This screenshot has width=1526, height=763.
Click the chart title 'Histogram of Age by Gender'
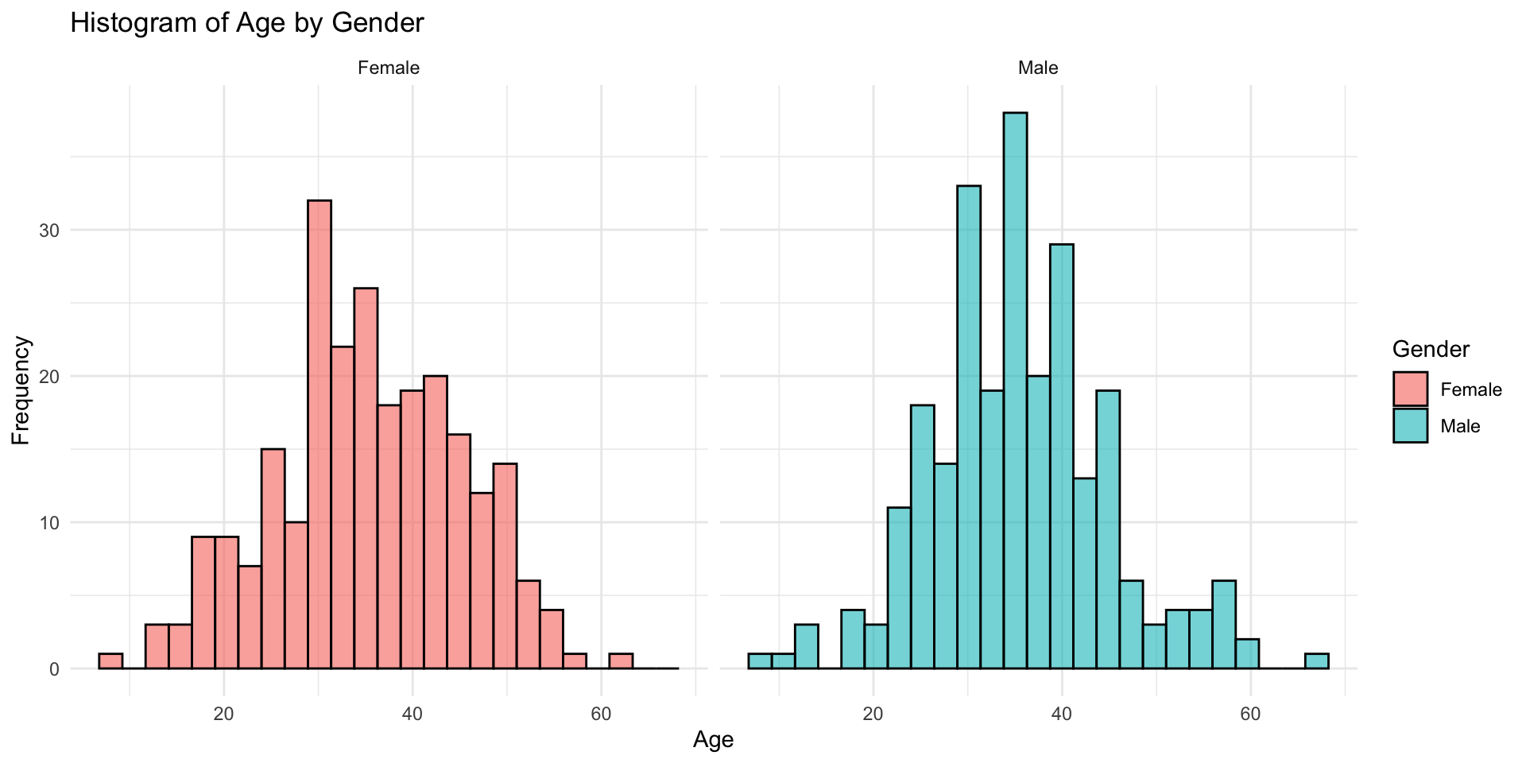point(247,23)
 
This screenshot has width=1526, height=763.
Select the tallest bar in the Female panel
point(320,434)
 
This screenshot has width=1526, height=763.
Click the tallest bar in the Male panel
point(1015,390)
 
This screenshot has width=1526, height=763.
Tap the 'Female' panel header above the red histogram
point(389,68)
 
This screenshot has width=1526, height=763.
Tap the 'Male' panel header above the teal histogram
point(1038,68)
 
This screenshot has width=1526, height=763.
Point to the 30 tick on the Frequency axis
point(50,230)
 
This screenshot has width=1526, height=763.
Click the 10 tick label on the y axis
point(50,523)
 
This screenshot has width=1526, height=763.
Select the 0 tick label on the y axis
point(55,669)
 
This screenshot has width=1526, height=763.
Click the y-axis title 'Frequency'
point(21,390)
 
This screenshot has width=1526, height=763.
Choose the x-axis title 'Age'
point(713,740)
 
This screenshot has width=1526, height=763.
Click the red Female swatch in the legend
point(1410,389)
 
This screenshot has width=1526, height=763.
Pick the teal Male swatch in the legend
point(1410,425)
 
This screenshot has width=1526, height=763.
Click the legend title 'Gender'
point(1431,349)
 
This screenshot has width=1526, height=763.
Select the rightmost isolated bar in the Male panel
point(1317,661)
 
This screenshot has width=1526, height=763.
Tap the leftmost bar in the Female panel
point(110,661)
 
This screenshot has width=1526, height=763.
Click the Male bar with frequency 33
point(969,427)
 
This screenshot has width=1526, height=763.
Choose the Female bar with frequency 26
point(366,478)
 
